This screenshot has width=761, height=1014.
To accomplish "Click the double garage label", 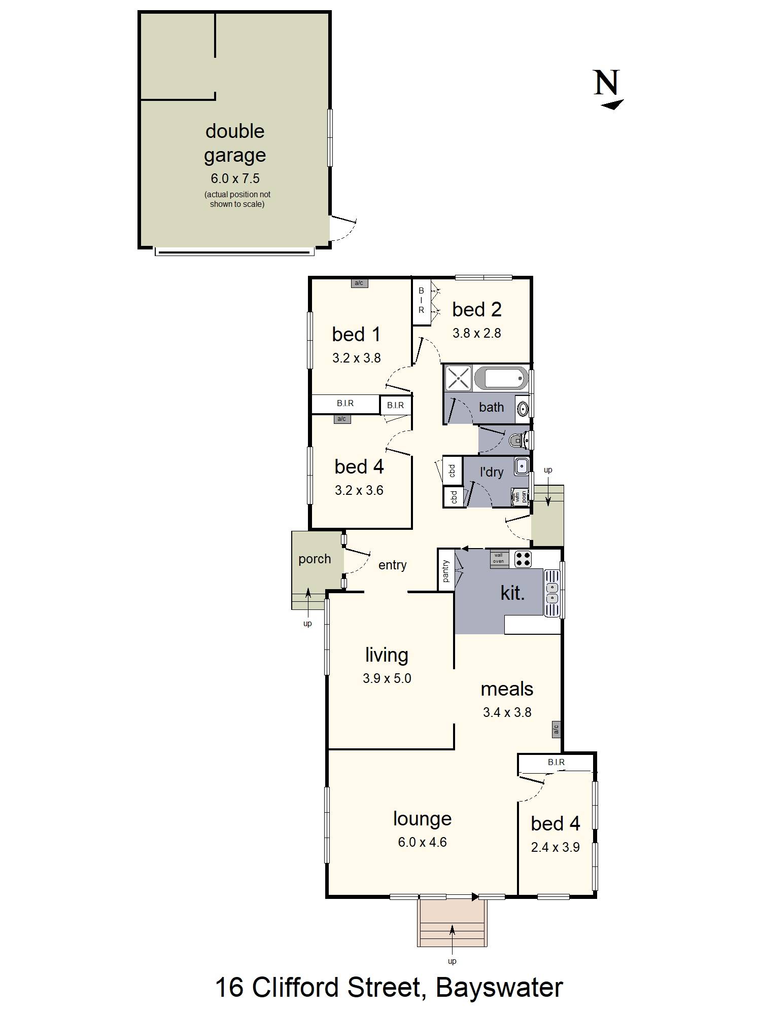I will point(235,143).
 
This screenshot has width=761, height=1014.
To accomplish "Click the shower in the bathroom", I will point(458,378).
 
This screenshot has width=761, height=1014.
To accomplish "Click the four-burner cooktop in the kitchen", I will point(523,559).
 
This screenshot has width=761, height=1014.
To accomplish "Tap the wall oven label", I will point(499,558).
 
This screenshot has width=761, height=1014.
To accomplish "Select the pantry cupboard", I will point(446,570).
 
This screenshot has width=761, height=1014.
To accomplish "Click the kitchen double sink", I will point(551,593).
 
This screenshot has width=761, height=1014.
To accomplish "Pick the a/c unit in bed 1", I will point(359,283).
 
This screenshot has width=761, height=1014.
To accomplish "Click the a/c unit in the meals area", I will point(556,729).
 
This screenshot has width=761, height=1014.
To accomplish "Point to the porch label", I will point(315,559).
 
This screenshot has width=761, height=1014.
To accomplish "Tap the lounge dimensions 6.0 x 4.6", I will point(422,842).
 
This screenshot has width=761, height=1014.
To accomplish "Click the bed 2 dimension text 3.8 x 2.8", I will point(476,333).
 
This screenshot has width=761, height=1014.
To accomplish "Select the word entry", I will point(392,565).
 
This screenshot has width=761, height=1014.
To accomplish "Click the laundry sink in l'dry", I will point(521,466).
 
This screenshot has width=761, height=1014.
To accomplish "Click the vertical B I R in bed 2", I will point(421,301).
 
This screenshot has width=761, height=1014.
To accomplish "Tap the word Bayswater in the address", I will point(499,987).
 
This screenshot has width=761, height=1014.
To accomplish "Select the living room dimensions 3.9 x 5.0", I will point(387,678).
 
